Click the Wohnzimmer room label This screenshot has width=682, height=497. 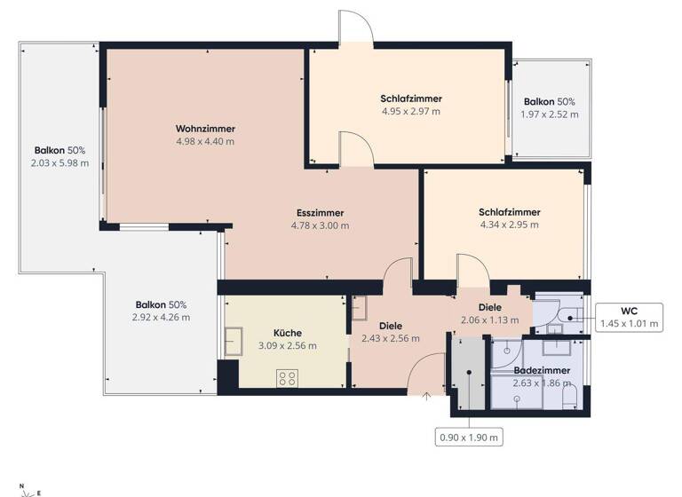205,129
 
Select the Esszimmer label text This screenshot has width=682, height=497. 320,213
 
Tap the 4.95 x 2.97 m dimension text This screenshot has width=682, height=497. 410,112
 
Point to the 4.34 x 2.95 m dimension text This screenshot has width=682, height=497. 509,225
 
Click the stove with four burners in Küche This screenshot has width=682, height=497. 287,378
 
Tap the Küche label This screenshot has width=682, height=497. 287,333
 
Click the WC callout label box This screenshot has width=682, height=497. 629,317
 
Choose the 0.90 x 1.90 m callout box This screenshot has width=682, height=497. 469,437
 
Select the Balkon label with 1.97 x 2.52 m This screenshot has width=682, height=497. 549,102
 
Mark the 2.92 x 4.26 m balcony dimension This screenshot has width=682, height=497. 161,317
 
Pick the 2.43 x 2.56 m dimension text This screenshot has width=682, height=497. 391,338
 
